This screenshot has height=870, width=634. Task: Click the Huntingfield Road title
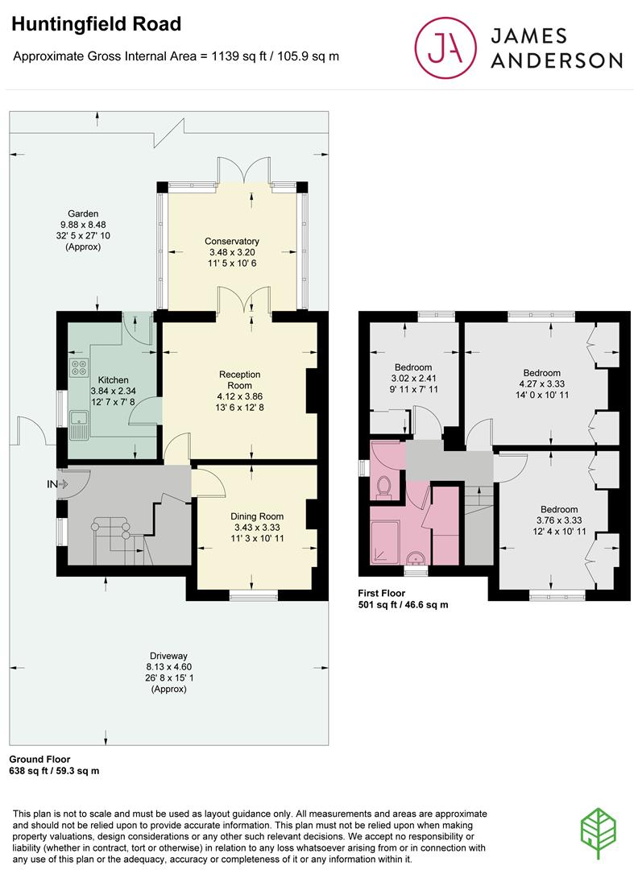pyautogui.click(x=97, y=24)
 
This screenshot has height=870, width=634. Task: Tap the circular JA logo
pyautogui.click(x=445, y=48)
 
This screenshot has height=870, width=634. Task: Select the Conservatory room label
pyautogui.click(x=232, y=242)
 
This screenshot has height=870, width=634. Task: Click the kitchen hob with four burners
pyautogui.click(x=79, y=367)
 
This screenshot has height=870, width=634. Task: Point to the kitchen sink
pyautogui.click(x=79, y=425)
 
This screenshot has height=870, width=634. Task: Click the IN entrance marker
pyautogui.click(x=56, y=484)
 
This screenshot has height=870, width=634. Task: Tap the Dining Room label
pyautogui.click(x=257, y=516)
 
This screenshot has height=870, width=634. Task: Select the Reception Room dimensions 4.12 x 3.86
pyautogui.click(x=239, y=396)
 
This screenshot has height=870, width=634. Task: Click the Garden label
pyautogui.click(x=83, y=213)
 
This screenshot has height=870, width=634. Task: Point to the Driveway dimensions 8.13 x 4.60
pyautogui.click(x=168, y=667)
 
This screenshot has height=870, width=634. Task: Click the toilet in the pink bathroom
pyautogui.click(x=383, y=487)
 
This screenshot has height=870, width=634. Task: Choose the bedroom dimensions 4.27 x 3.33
pyautogui.click(x=542, y=384)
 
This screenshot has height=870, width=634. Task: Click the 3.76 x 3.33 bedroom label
pyautogui.click(x=559, y=520)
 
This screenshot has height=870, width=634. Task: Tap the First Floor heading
pyautogui.click(x=382, y=593)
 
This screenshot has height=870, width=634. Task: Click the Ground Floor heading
pyautogui.click(x=40, y=759)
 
